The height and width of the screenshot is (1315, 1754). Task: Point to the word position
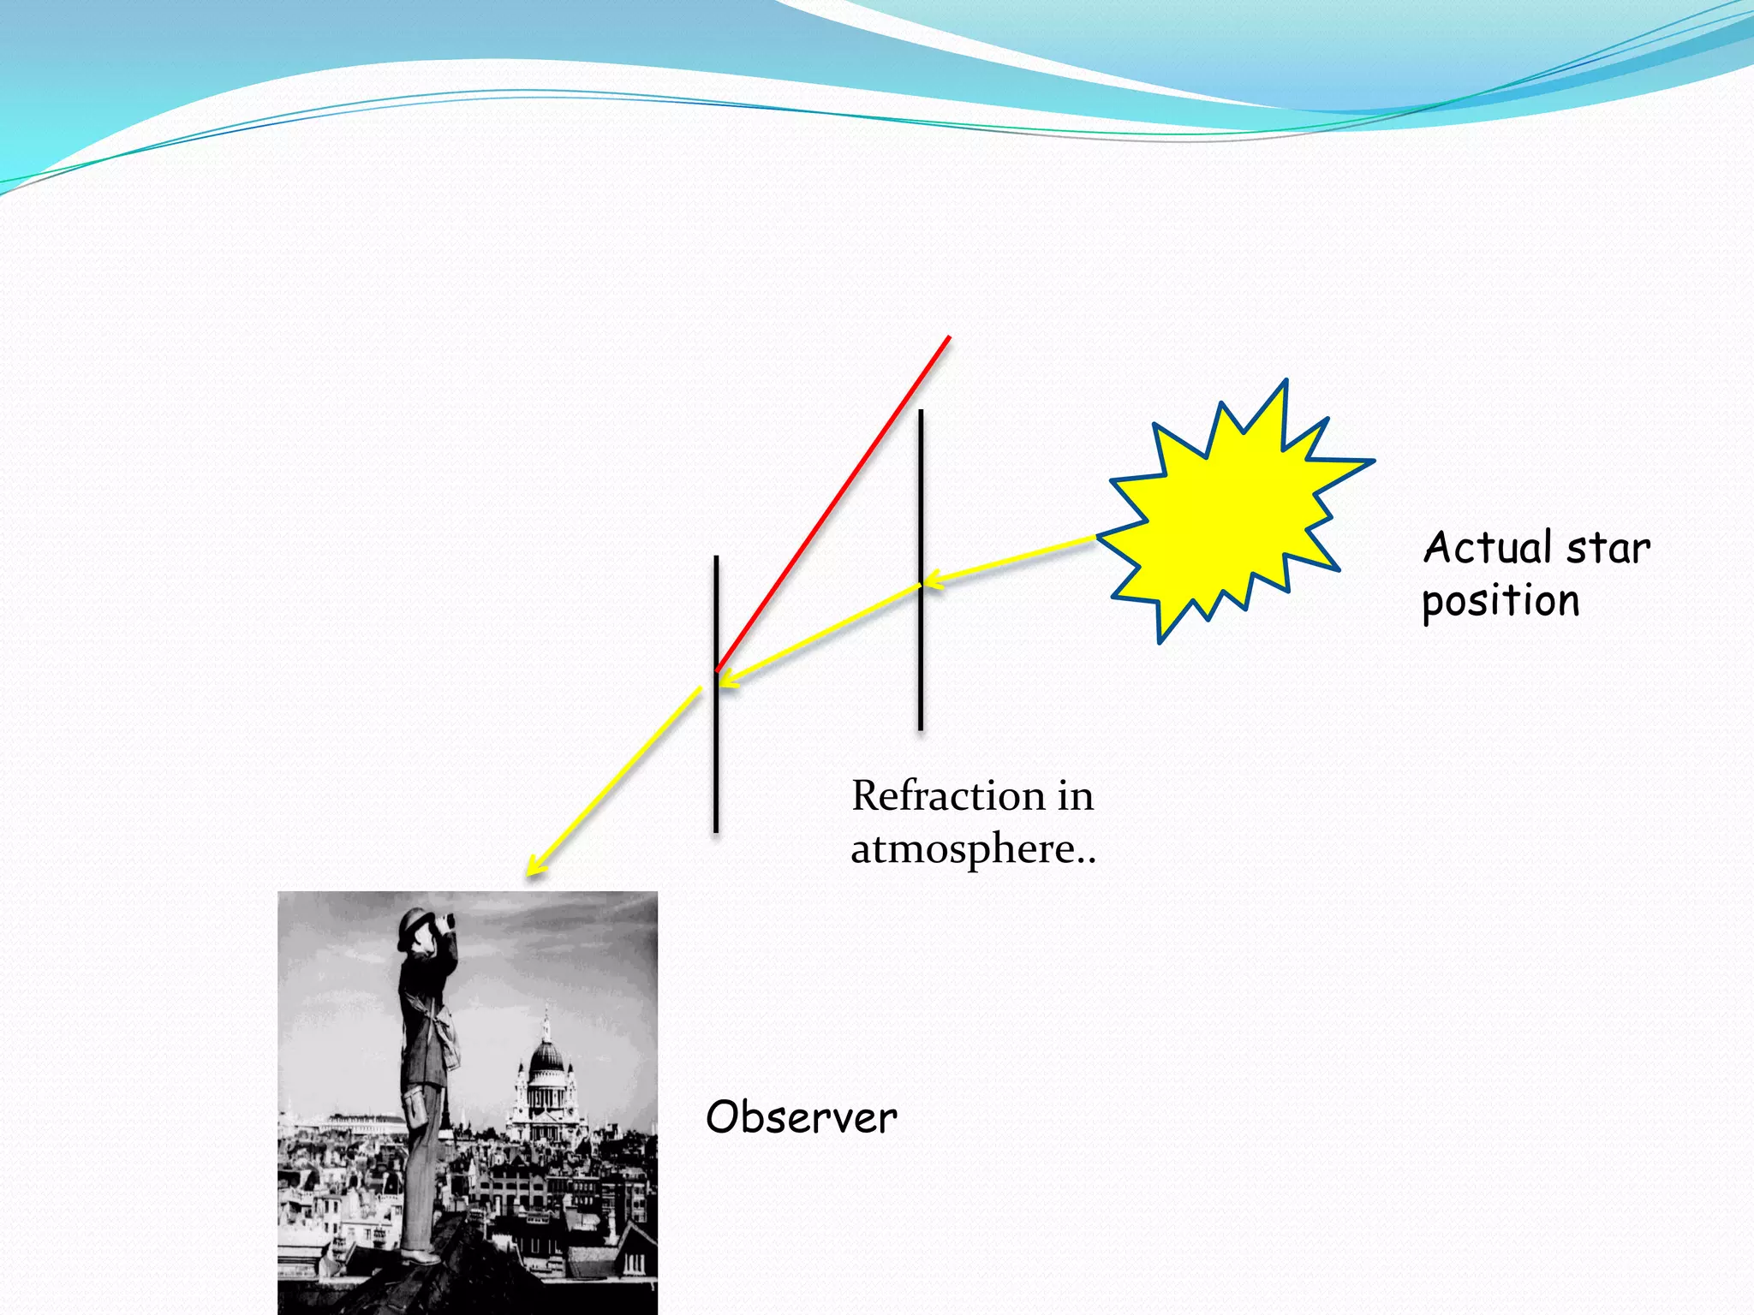point(1500,602)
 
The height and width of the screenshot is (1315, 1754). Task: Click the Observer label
point(801,1117)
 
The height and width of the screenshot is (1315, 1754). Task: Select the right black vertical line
point(921,668)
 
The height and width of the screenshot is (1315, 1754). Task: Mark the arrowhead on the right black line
point(932,581)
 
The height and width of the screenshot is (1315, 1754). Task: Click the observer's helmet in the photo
point(415,924)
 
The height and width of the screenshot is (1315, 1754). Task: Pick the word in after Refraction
point(1075,796)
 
